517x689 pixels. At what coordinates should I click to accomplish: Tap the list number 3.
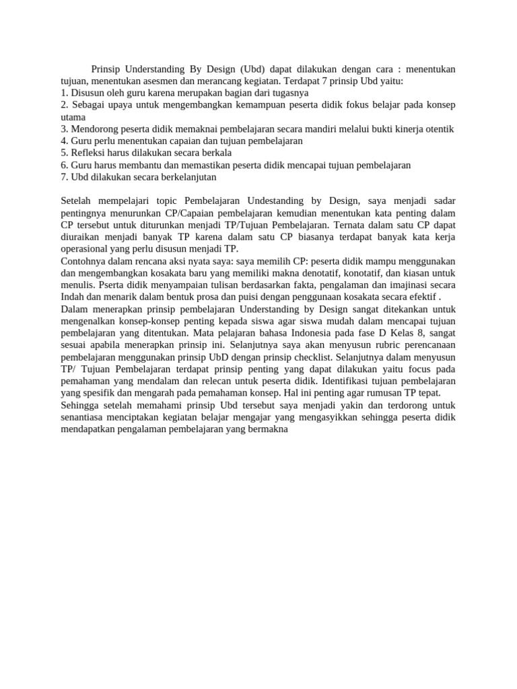coord(64,129)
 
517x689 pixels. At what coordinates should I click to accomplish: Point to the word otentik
coord(438,129)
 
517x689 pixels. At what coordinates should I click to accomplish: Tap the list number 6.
coord(64,165)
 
